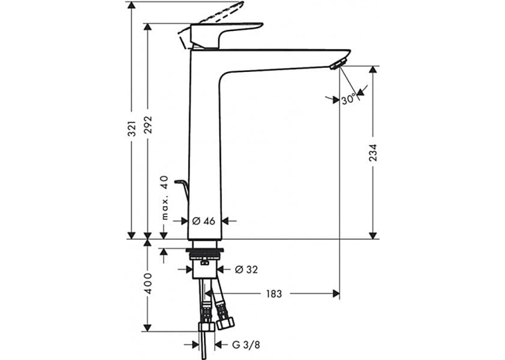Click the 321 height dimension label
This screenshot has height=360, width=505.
click(132, 129)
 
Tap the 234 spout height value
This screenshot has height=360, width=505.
click(372, 153)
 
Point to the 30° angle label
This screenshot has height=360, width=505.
click(349, 99)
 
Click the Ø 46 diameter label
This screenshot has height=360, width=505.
click(203, 221)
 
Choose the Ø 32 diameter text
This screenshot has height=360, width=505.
click(246, 270)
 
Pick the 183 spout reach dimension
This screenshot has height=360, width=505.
click(274, 294)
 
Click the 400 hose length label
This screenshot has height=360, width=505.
click(147, 283)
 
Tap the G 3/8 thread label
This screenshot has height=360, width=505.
click(246, 345)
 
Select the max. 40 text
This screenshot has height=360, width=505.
click(164, 198)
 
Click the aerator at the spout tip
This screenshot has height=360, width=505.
click(339, 63)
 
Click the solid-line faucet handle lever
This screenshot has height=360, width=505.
click(226, 35)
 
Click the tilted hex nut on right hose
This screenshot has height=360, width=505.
click(225, 323)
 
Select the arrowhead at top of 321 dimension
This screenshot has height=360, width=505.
click(131, 5)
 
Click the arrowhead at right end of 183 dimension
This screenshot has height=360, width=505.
click(336, 293)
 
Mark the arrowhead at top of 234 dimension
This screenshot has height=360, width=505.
click(372, 70)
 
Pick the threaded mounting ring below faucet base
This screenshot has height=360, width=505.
click(205, 256)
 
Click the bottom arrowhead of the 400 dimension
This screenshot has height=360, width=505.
click(147, 328)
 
